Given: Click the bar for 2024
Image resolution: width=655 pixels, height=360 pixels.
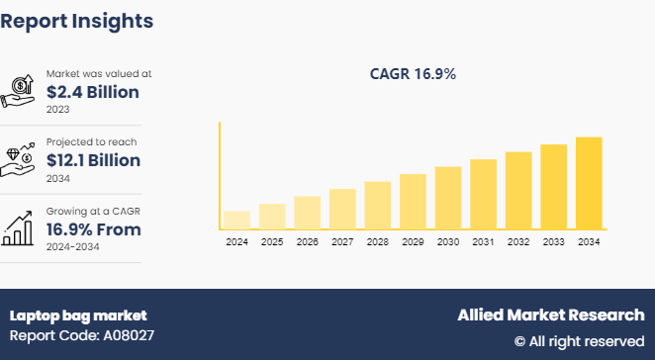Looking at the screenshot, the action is pos(236,220).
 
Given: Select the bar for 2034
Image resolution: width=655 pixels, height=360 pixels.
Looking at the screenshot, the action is pos(589,183).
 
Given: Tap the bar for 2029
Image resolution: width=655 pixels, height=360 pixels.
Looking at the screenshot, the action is pos(413,202).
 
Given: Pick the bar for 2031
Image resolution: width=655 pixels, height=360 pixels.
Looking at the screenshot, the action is pos(483,194).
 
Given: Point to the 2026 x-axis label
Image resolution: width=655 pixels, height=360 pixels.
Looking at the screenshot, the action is pos(308,241).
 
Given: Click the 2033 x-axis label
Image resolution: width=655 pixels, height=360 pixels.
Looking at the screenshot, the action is pos(553,241).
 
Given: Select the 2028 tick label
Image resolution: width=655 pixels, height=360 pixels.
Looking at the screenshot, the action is pos(378,241).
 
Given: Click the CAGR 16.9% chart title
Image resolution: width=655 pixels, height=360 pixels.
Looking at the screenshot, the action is pos(413,74).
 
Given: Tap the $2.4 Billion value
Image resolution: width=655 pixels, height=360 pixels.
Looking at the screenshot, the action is pos(93,92).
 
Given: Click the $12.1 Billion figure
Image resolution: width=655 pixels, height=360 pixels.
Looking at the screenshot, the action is pos(93,160).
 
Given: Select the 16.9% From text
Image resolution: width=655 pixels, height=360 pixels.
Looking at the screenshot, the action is pos(94,229).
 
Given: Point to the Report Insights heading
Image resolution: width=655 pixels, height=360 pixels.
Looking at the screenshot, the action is pos(77,21).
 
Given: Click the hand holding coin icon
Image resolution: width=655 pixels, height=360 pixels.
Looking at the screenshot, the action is pos(17,91).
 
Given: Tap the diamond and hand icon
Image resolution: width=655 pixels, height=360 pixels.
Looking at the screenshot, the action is pos(17,159).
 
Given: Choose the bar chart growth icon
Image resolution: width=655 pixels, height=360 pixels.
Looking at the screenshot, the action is pos(17,228).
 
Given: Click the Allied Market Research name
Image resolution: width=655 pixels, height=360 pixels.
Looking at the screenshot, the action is pos(551,315).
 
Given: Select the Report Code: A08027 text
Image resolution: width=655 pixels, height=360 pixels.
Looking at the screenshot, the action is pos(82,335).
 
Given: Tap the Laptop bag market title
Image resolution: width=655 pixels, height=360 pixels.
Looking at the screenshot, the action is pos(78,315).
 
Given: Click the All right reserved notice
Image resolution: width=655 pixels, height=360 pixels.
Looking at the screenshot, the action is pos(580,341).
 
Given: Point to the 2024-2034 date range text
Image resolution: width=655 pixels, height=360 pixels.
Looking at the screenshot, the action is pos(72,247).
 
